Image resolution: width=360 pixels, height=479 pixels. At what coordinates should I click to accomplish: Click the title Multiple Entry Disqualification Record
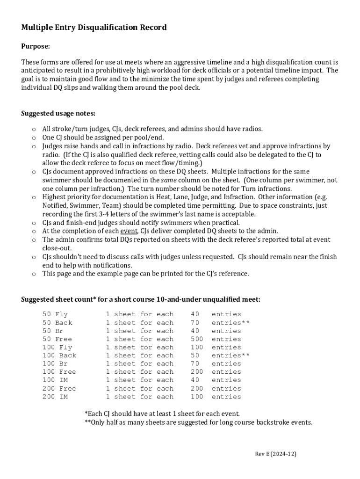click(94, 28)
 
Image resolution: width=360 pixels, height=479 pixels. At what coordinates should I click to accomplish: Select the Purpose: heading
click(36, 46)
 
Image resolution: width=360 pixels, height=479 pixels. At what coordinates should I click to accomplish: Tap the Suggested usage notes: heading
click(58, 113)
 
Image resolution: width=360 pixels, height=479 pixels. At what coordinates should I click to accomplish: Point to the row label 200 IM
click(55, 397)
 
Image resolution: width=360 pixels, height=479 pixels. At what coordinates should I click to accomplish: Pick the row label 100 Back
click(59, 356)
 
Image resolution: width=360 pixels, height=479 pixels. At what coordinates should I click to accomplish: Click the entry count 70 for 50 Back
click(194, 323)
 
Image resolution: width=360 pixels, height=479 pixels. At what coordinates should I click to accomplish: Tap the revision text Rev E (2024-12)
click(275, 454)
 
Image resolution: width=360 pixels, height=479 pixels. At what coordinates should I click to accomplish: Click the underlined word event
click(129, 231)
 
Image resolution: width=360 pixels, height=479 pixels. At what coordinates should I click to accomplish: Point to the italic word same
click(169, 180)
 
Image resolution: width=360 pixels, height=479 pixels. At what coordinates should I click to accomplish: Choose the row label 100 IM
click(55, 380)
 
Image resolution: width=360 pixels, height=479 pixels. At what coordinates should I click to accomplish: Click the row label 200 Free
click(59, 388)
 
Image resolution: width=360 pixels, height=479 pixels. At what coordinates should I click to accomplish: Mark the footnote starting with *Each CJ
click(162, 414)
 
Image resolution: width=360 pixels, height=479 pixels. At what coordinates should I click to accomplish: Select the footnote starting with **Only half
click(198, 422)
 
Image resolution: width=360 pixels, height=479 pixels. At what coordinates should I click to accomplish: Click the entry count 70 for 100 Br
click(194, 363)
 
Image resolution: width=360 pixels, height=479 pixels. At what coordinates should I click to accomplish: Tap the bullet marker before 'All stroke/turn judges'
click(34, 129)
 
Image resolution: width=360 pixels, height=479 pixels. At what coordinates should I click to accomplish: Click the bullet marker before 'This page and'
click(34, 274)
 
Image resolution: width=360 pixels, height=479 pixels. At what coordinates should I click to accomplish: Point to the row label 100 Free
click(59, 372)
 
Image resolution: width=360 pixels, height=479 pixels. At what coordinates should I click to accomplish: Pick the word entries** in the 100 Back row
click(230, 356)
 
